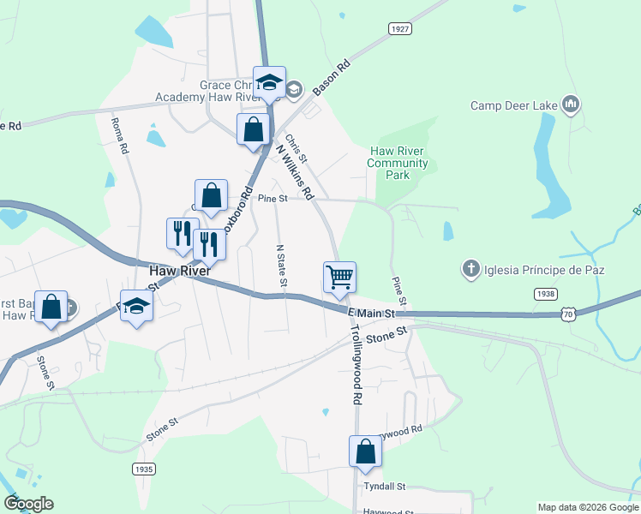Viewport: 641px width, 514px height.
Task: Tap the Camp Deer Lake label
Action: click(x=515, y=106)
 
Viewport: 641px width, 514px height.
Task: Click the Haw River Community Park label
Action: click(x=398, y=163)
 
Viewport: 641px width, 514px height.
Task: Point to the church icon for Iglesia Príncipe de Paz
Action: click(x=470, y=270)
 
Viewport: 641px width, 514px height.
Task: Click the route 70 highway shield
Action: click(x=566, y=315)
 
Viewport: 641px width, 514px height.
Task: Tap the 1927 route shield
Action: click(x=399, y=29)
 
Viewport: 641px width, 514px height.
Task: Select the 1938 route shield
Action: click(x=544, y=294)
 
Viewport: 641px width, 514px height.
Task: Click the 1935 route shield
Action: click(x=144, y=469)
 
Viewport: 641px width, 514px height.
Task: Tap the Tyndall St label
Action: click(x=383, y=487)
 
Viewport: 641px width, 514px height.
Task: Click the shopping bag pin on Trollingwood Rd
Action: click(x=365, y=451)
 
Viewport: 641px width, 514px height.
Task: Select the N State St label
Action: click(x=280, y=266)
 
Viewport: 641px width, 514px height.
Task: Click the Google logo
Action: click(x=27, y=504)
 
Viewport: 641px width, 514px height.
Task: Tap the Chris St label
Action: click(x=297, y=148)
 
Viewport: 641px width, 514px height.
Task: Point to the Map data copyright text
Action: click(x=588, y=507)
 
